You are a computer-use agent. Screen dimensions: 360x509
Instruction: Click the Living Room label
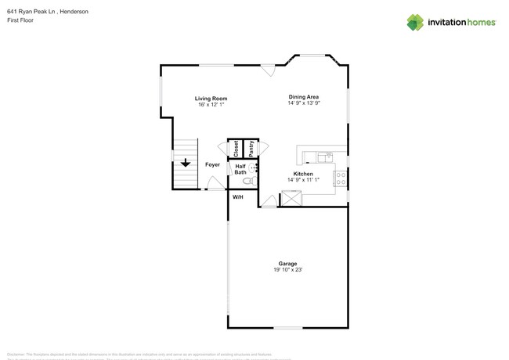[x=211, y=98]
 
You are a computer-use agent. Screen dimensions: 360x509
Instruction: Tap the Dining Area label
[x=303, y=96]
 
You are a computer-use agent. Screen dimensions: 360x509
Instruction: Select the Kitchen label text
[x=303, y=173]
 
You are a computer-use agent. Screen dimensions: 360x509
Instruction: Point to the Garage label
[x=287, y=263]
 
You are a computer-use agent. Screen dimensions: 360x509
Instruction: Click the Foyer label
[x=212, y=164]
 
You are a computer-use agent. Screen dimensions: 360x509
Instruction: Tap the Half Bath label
[x=240, y=169]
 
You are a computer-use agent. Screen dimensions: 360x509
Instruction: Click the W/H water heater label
[x=237, y=196]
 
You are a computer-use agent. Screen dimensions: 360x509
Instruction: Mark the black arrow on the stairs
[x=186, y=163]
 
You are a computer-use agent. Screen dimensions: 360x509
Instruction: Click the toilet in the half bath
[x=248, y=182]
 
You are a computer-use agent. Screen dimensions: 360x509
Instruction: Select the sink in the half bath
[x=254, y=167]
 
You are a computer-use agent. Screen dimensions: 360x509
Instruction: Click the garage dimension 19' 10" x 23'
[x=287, y=270]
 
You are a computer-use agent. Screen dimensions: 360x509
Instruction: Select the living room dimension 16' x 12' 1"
[x=211, y=104]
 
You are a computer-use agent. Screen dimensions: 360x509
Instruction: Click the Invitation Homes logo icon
[x=415, y=22]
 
